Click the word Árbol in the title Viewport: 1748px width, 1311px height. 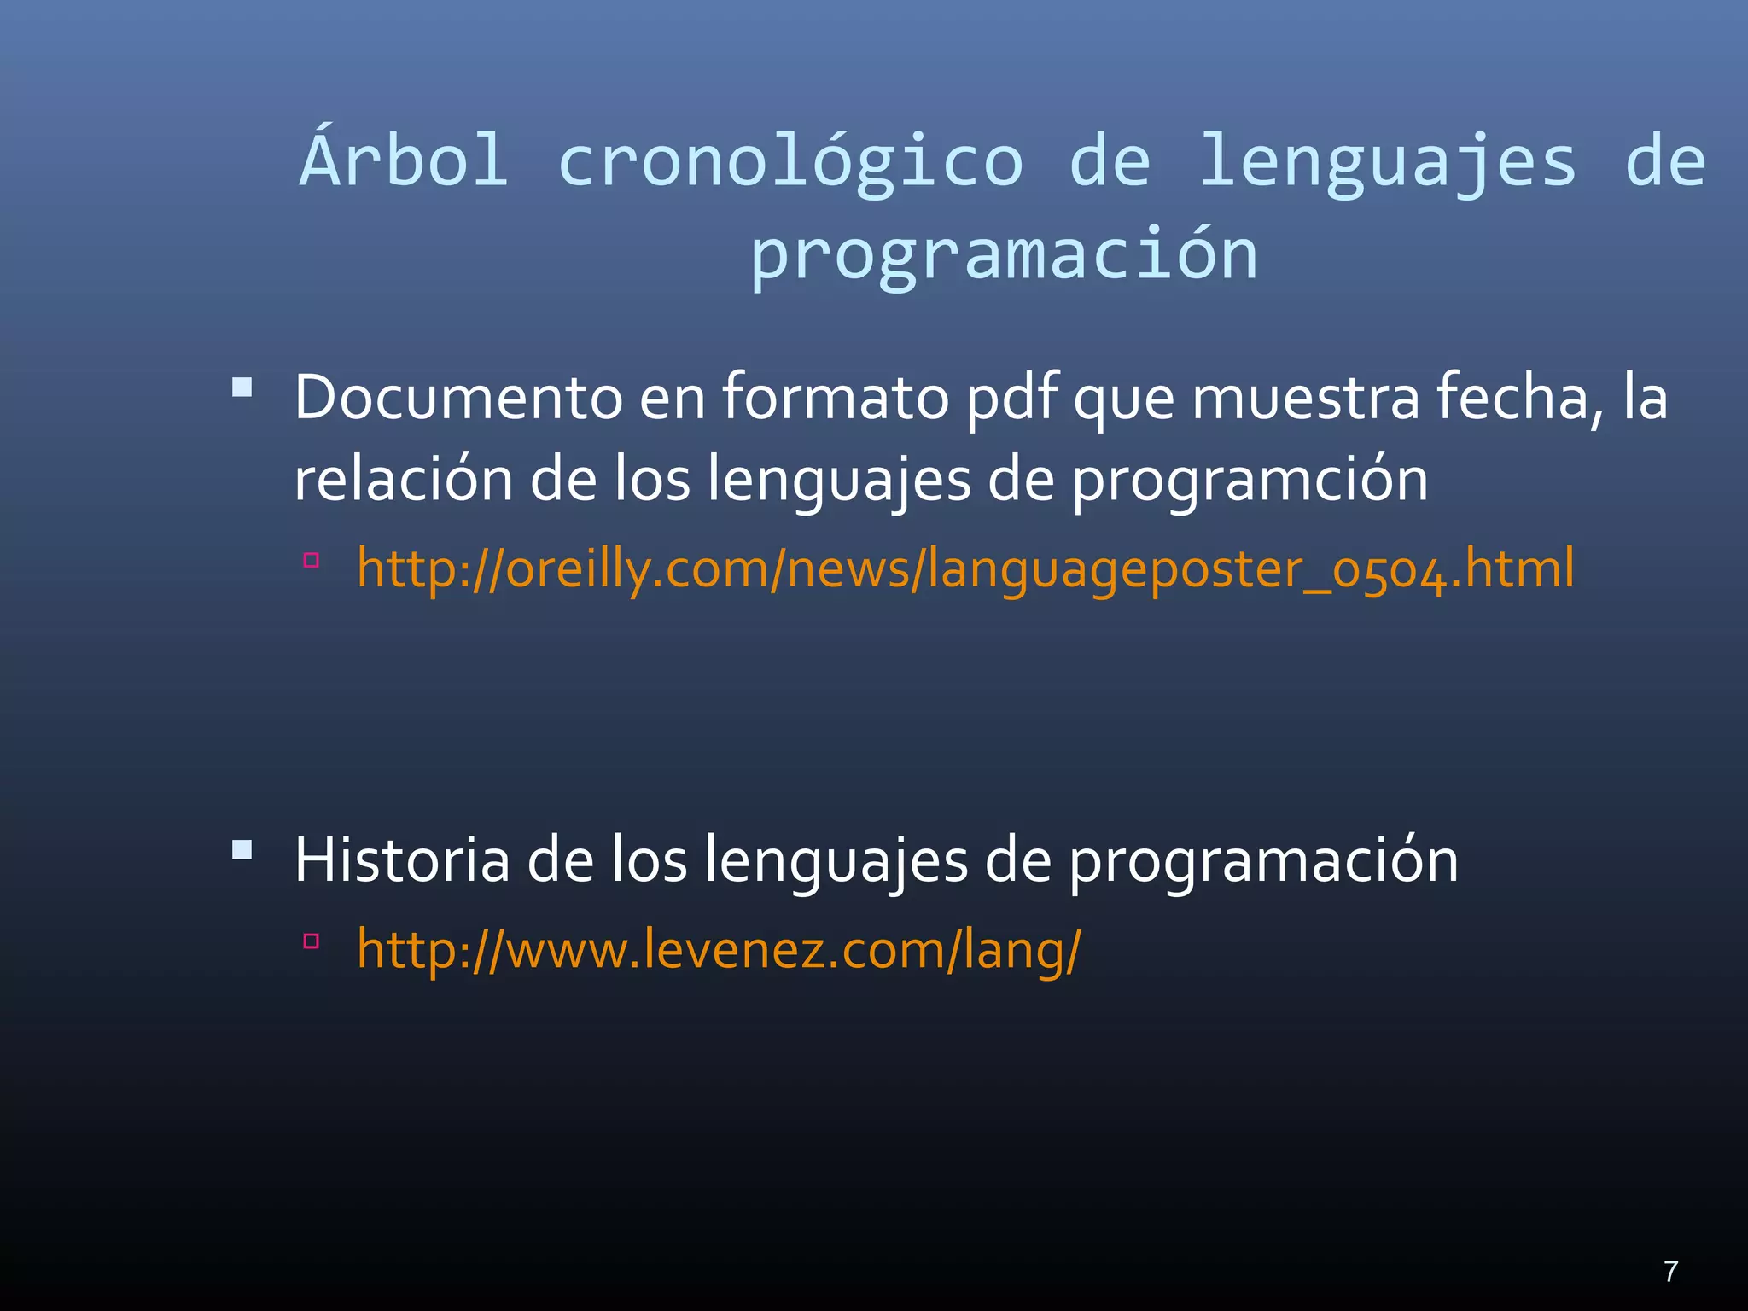(x=405, y=160)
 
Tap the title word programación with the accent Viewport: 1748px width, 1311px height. (x=1004, y=254)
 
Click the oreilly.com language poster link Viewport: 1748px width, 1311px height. (x=965, y=568)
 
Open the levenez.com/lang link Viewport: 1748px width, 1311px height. (x=719, y=949)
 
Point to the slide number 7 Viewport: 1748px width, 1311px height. (x=1670, y=1272)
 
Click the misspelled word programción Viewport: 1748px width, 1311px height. (x=1250, y=481)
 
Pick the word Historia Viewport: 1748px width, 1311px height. (x=402, y=859)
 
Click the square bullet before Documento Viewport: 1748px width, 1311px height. (x=242, y=388)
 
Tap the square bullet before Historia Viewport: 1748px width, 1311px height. (x=242, y=850)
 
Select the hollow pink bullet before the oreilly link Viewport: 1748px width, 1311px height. (x=312, y=560)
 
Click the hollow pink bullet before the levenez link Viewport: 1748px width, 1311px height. (x=312, y=941)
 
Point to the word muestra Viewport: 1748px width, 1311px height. (x=1305, y=399)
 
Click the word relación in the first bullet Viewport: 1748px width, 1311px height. (x=403, y=479)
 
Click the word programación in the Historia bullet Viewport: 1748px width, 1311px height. (x=1264, y=861)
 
